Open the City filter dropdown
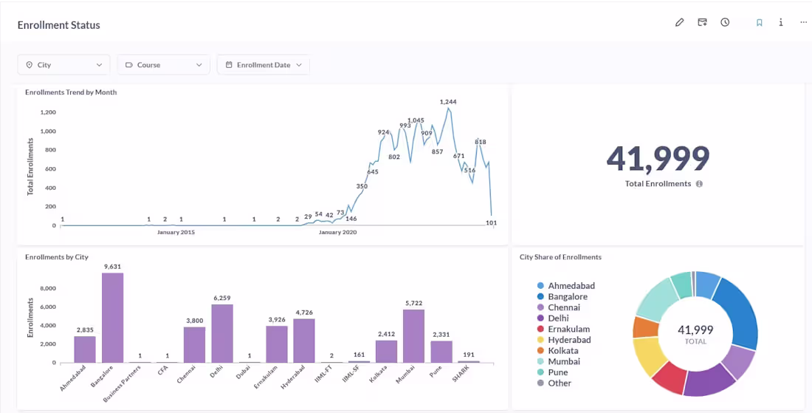tap(63, 65)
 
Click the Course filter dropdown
tap(163, 65)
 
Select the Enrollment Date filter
tap(263, 65)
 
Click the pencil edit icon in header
tap(680, 22)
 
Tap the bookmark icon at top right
tap(759, 22)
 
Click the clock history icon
tap(725, 22)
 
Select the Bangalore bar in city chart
tap(112, 318)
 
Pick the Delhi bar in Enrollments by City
tap(222, 333)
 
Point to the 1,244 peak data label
tap(448, 102)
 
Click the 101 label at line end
tap(492, 222)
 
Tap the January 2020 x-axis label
tap(337, 232)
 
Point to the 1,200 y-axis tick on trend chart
tap(48, 112)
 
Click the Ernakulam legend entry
tap(568, 330)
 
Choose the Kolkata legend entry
tap(562, 351)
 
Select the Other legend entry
tap(559, 383)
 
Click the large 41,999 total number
tap(658, 157)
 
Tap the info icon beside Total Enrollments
tap(699, 184)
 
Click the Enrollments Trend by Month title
tap(71, 92)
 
